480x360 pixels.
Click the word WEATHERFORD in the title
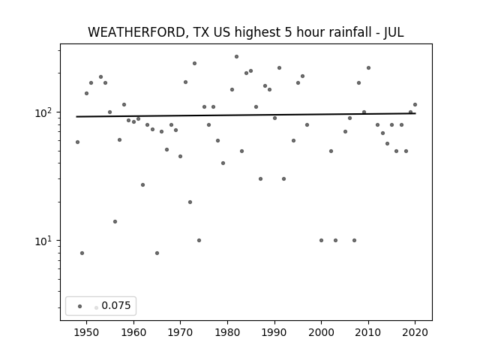click(137, 32)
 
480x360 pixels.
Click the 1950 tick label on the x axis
click(87, 332)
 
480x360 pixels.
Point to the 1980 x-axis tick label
click(227, 332)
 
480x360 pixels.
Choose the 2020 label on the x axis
click(415, 332)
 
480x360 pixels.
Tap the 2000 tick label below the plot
click(321, 332)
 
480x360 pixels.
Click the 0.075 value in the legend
click(116, 305)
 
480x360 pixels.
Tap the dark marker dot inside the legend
click(80, 306)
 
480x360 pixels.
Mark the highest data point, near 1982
click(237, 57)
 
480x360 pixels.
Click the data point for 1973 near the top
click(194, 63)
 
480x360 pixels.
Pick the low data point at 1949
click(82, 253)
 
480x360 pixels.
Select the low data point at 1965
click(157, 253)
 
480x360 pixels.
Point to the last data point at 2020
click(415, 105)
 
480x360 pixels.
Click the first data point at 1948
click(77, 142)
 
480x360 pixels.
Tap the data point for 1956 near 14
click(115, 222)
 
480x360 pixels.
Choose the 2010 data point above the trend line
click(368, 68)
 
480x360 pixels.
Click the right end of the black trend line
click(415, 113)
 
